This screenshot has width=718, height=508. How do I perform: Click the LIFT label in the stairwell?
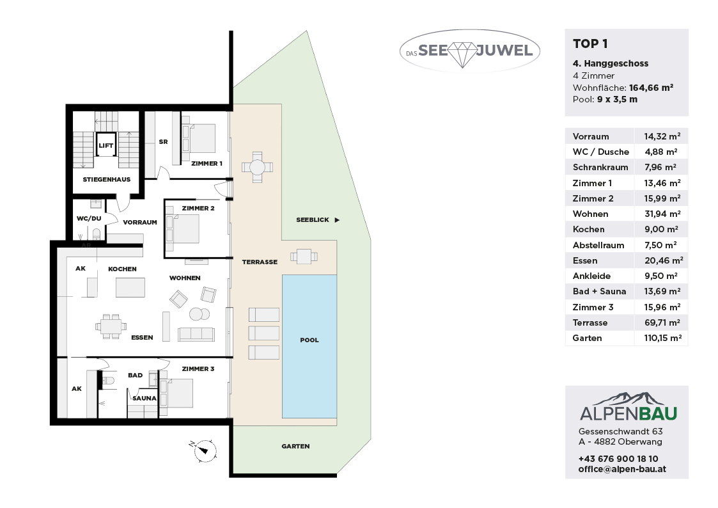pos(105,146)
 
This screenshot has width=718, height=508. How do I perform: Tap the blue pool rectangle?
pos(309,346)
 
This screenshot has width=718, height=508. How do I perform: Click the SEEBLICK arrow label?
pos(318,220)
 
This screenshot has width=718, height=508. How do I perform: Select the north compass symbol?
pos(203,450)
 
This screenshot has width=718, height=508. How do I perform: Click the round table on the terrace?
pos(257,167)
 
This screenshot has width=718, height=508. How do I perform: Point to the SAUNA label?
pos(144,398)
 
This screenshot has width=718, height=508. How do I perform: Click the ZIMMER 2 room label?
pos(198,208)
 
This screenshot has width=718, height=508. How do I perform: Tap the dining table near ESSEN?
pos(111,326)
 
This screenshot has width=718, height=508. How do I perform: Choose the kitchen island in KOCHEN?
pos(130,288)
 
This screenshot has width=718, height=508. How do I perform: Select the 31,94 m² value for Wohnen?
pos(660,214)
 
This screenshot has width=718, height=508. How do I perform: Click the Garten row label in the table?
pos(587,338)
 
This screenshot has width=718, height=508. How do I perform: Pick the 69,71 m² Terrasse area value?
pos(662,322)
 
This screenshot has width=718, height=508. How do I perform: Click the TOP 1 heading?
pos(590,44)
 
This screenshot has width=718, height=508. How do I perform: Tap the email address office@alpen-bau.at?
pos(622,469)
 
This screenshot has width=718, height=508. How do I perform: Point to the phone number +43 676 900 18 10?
pos(618,459)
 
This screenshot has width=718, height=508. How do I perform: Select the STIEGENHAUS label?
pos(107,180)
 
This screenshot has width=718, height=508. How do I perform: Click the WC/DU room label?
pos(89,219)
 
